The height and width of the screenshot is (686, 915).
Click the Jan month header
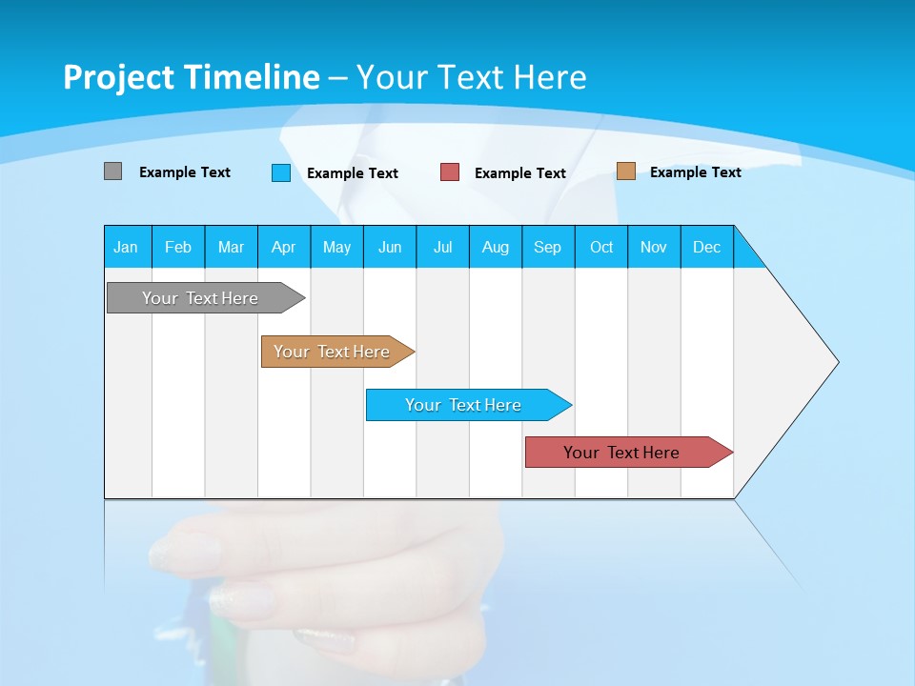tap(127, 247)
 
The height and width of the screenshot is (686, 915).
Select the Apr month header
tap(284, 247)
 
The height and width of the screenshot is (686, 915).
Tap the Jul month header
tap(442, 247)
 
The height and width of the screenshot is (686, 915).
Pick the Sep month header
tap(548, 247)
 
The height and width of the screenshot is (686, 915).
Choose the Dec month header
tap(706, 247)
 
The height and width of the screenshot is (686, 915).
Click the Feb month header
tap(178, 247)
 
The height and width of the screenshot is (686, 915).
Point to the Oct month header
tap(601, 247)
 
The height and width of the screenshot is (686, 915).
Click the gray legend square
tap(112, 171)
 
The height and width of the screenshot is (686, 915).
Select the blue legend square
tap(280, 172)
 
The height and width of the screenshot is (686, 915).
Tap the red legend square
tap(450, 172)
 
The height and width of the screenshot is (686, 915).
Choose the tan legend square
tap(625, 171)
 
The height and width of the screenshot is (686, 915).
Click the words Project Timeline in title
tap(192, 77)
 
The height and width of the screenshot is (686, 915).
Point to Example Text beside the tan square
tap(695, 172)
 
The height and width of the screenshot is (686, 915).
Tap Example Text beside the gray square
tap(185, 172)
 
